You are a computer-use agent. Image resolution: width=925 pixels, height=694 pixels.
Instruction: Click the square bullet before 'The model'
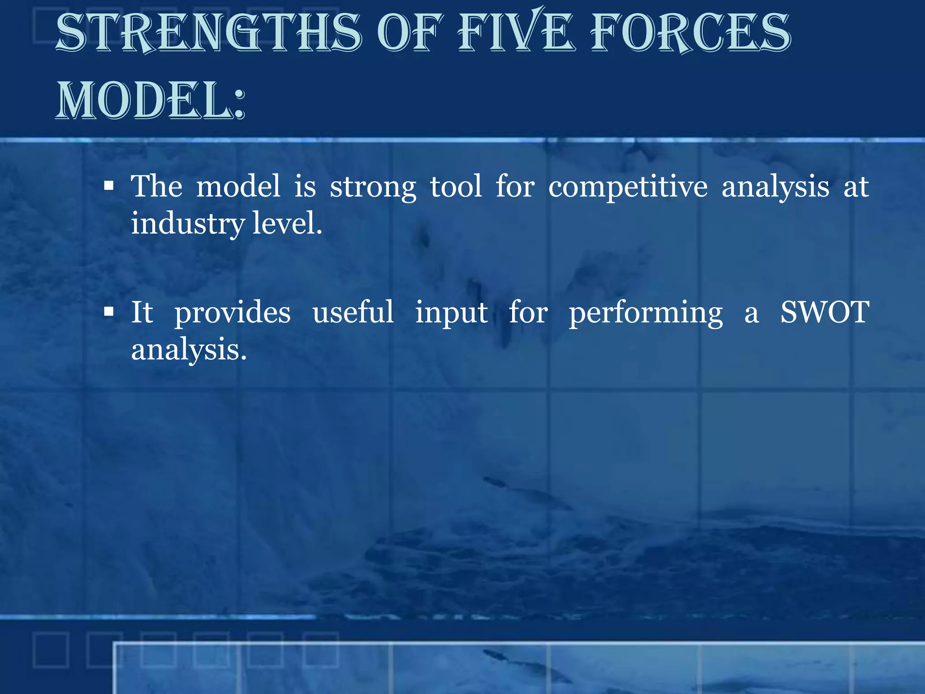click(x=108, y=186)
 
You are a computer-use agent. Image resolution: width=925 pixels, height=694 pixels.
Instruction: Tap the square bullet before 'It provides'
click(x=108, y=312)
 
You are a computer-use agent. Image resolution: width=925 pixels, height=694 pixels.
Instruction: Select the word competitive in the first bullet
click(x=628, y=187)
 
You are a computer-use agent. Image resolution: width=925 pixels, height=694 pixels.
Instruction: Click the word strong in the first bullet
click(x=373, y=187)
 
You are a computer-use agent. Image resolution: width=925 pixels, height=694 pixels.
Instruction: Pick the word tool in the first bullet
click(x=456, y=186)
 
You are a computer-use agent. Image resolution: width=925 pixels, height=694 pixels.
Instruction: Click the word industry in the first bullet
click(x=188, y=224)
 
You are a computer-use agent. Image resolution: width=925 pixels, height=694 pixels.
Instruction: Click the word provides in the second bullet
click(x=233, y=313)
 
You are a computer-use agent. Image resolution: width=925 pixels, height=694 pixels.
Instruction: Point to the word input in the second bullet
click(x=451, y=313)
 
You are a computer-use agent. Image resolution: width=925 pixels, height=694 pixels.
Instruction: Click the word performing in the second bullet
click(x=646, y=313)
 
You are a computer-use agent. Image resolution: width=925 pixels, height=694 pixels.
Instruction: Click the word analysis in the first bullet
click(x=775, y=187)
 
